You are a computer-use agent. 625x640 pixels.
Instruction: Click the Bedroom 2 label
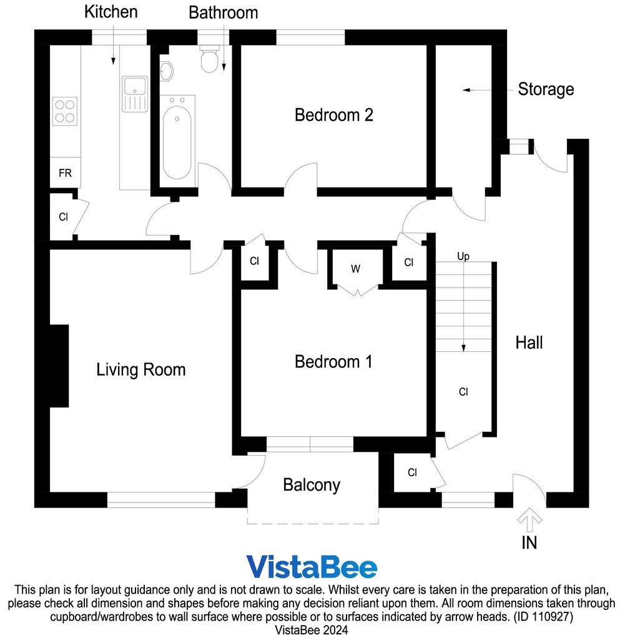334,115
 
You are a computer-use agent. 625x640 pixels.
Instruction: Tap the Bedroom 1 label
333,362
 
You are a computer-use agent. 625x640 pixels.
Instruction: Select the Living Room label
141,370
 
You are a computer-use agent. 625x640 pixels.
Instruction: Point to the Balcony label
312,485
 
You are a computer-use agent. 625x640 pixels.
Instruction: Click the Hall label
529,343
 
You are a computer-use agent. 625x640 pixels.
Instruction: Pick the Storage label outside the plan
546,89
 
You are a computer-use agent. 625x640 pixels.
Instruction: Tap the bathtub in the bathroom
177,137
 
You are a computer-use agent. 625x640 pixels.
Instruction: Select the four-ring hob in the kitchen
65,111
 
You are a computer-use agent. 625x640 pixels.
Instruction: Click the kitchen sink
135,94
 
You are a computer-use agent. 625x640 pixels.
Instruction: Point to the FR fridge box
65,173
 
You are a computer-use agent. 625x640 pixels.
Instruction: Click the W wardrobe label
355,269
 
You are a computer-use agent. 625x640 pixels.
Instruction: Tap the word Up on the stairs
463,256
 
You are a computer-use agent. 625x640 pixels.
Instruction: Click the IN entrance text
529,543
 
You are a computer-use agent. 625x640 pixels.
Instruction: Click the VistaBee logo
312,566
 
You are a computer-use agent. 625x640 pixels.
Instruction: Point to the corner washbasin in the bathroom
166,72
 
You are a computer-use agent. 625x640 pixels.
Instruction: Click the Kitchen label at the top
111,12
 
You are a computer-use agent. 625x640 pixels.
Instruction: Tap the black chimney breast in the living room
59,366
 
